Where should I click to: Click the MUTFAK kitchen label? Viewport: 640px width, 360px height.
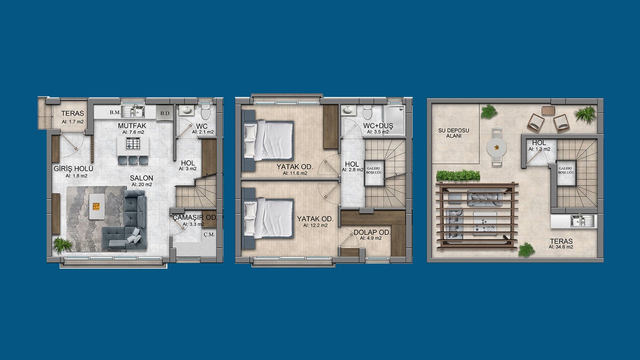click(x=132, y=126)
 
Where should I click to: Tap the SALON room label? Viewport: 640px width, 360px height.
click(x=142, y=178)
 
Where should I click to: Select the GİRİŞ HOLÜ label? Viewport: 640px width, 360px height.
click(x=73, y=169)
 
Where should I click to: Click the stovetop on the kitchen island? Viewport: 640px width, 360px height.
click(x=133, y=144)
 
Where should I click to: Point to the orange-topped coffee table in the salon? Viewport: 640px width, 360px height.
click(x=96, y=206)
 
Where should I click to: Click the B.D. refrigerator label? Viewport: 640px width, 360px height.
click(x=165, y=113)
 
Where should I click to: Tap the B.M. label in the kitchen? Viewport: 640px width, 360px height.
click(x=115, y=113)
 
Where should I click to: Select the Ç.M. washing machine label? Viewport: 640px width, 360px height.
click(x=209, y=234)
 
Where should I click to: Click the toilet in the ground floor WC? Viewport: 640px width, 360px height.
click(x=205, y=112)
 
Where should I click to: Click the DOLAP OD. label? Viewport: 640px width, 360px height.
click(x=372, y=232)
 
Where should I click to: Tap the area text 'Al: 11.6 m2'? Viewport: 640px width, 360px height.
click(x=295, y=173)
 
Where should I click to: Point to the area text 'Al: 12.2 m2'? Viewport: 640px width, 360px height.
click(x=315, y=225)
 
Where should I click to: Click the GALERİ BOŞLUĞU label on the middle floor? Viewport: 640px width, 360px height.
click(x=374, y=171)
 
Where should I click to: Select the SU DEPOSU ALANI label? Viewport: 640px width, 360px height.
click(x=454, y=133)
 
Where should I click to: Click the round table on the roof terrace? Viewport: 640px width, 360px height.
click(x=497, y=147)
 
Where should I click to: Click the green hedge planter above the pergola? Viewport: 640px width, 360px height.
click(x=458, y=176)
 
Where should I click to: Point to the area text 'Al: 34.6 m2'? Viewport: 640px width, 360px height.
click(x=561, y=247)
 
